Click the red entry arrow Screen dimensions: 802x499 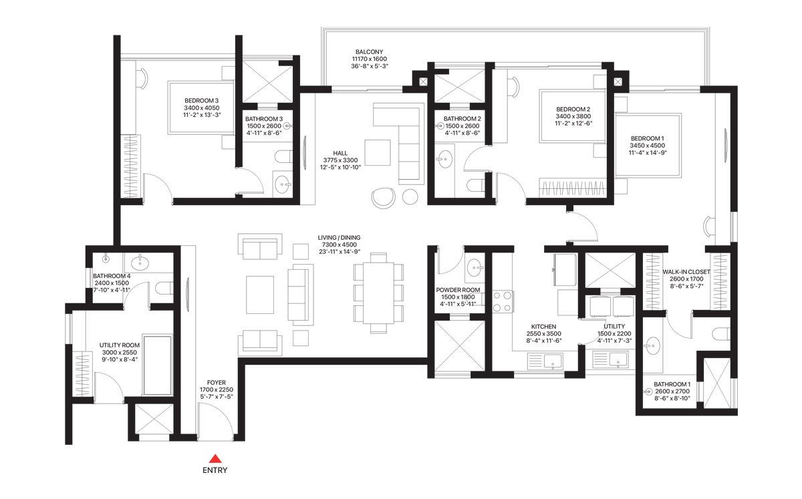215,458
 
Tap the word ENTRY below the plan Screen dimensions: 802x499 215,470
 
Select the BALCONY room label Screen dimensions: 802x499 369,52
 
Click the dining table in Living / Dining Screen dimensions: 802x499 378,293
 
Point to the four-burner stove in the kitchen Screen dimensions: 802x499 503,301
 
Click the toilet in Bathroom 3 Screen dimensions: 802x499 283,157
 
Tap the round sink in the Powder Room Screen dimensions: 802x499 475,267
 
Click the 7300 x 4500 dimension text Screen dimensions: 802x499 340,245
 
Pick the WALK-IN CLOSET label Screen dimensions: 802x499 686,272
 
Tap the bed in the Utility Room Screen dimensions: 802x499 157,365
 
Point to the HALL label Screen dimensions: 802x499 340,153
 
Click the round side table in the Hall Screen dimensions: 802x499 410,196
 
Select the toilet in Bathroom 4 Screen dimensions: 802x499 164,288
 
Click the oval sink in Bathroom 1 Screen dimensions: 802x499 653,346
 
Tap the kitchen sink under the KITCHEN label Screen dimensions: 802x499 553,361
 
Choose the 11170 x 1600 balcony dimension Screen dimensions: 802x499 369,59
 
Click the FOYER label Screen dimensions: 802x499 217,383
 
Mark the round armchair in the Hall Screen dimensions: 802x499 383,198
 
